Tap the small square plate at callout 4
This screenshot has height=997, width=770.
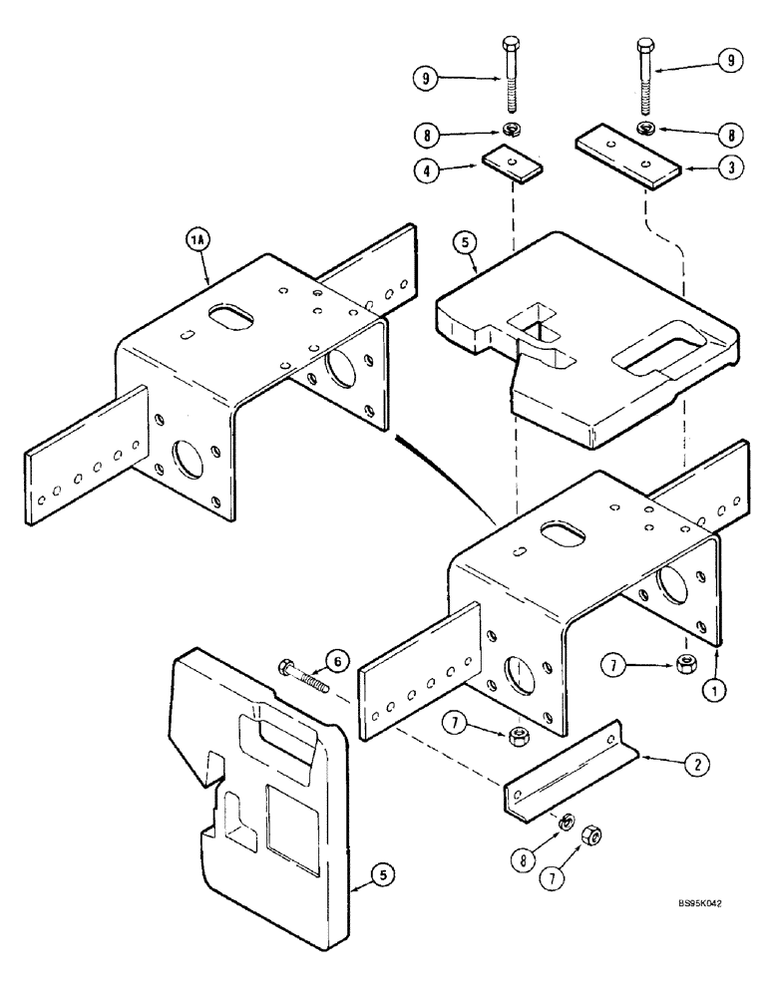[511, 164]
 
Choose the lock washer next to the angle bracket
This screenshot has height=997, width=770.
[564, 822]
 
